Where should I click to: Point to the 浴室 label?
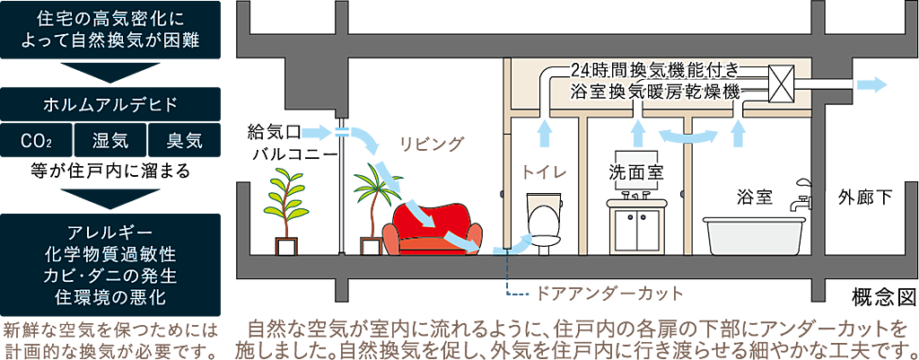(x=754, y=196)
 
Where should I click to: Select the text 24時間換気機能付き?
(x=654, y=70)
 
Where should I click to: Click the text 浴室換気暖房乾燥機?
(x=654, y=92)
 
